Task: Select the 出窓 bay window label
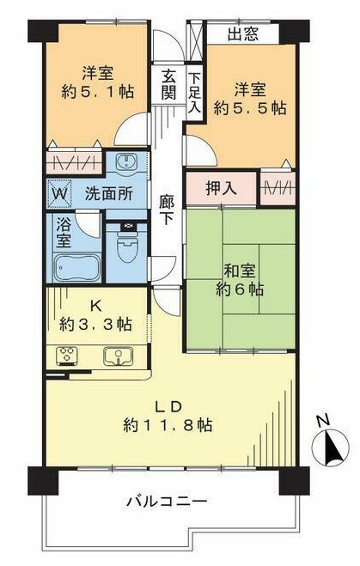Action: pyautogui.click(x=243, y=34)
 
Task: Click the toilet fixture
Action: pyautogui.click(x=127, y=246)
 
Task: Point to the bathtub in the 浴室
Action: pyautogui.click(x=77, y=267)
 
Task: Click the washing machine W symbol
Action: pyautogui.click(x=59, y=194)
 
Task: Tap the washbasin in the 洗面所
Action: pyautogui.click(x=126, y=161)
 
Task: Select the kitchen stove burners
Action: pyautogui.click(x=67, y=355)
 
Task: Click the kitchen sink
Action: pyautogui.click(x=118, y=356)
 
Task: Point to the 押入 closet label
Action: pyautogui.click(x=221, y=188)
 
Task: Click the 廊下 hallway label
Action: pyautogui.click(x=167, y=210)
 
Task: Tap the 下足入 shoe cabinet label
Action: pyautogui.click(x=195, y=92)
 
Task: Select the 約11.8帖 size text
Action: pyautogui.click(x=168, y=426)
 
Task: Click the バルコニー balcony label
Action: pyautogui.click(x=167, y=502)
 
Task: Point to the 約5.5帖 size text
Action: pyautogui.click(x=250, y=107)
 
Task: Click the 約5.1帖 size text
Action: pyautogui.click(x=97, y=92)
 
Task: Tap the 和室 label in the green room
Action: pyautogui.click(x=240, y=271)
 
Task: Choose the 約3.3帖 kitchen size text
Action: pyautogui.click(x=95, y=324)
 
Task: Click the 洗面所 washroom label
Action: pyautogui.click(x=108, y=194)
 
